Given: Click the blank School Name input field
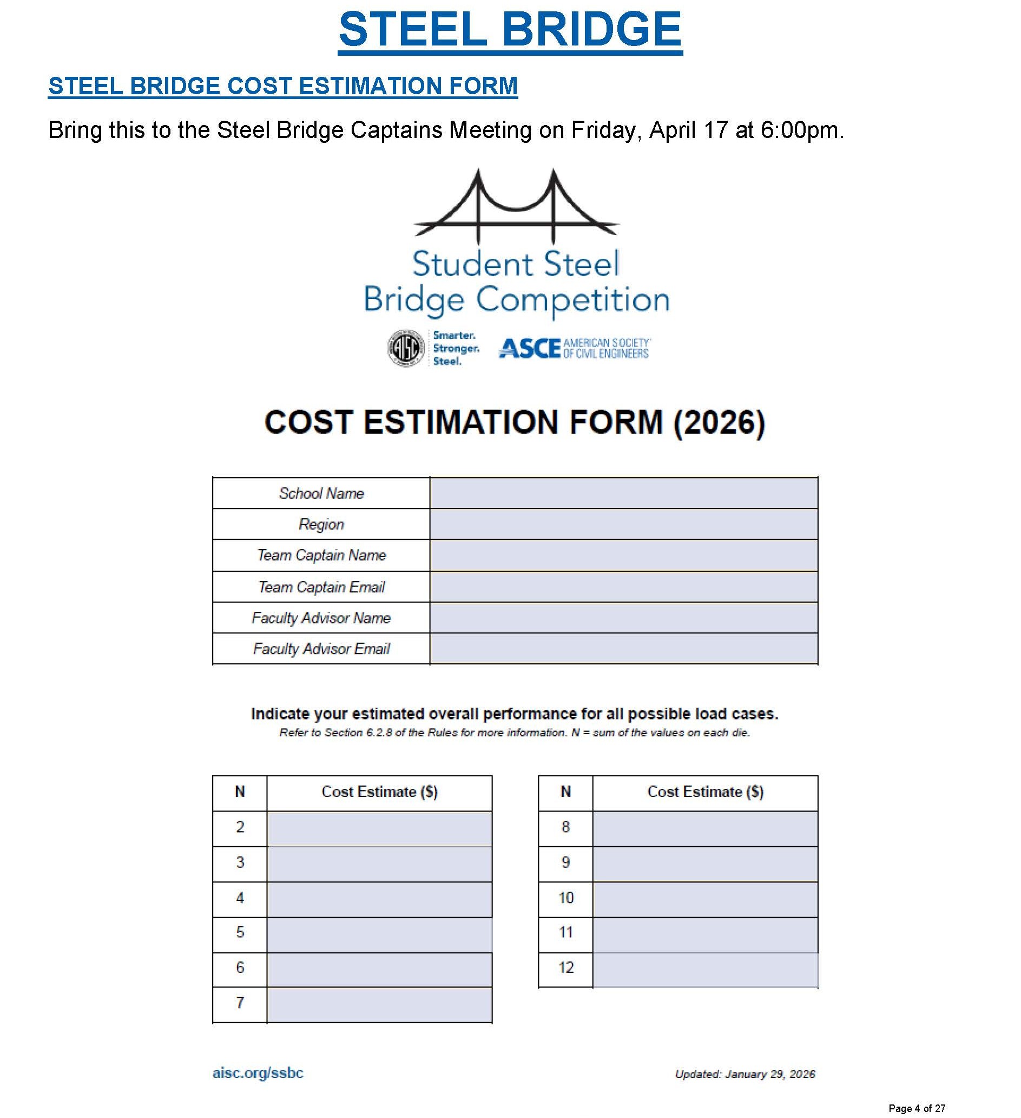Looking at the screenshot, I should click(x=623, y=493).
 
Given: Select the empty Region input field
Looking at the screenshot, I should click(x=623, y=524).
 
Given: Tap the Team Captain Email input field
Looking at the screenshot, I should click(x=623, y=587).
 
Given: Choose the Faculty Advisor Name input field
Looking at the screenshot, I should click(x=623, y=618).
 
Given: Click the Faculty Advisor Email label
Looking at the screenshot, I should click(x=321, y=649).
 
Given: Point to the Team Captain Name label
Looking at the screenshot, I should click(x=321, y=555).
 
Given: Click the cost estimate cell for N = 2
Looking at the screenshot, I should click(x=379, y=828).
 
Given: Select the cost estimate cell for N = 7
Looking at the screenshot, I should click(x=379, y=1004).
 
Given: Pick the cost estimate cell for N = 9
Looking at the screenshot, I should click(x=705, y=864).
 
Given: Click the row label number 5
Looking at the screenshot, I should click(x=240, y=934).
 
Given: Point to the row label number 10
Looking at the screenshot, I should click(x=565, y=899).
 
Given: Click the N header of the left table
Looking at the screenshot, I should click(x=240, y=793).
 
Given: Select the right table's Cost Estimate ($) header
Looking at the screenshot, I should click(x=705, y=793).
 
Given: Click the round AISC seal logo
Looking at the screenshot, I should click(x=406, y=348).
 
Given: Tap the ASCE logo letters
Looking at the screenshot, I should click(x=529, y=349).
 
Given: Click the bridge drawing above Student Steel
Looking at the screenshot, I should click(x=516, y=205).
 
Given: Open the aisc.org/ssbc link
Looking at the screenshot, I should click(x=258, y=1073).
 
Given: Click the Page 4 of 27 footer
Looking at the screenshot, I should click(x=917, y=1108).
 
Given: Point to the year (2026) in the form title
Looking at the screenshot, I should click(x=720, y=423).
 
